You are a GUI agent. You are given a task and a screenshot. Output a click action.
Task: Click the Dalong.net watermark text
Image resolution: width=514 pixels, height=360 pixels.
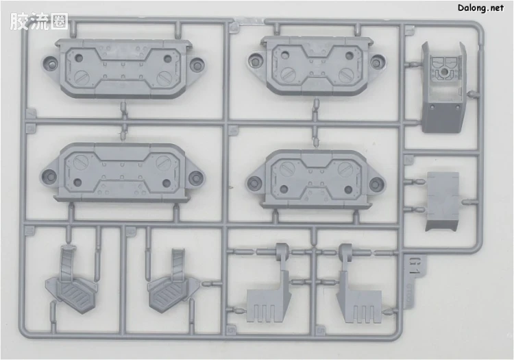click(480, 8)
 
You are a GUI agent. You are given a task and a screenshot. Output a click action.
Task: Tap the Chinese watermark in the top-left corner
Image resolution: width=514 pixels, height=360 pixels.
click(38, 22)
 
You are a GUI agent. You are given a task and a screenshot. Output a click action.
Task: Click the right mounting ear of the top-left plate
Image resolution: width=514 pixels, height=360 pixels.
click(197, 64)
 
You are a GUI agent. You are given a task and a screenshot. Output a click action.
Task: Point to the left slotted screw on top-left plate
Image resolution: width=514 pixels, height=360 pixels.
click(81, 77)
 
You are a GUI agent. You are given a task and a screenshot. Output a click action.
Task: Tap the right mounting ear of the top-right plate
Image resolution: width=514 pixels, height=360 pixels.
click(377, 61)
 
